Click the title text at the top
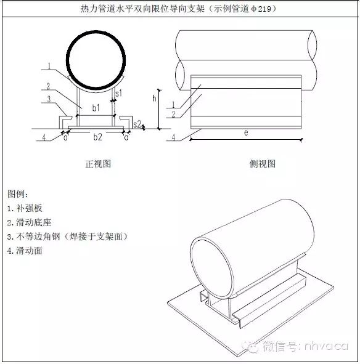(x=180, y=9)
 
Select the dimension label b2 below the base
(x=97, y=137)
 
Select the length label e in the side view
(x=245, y=133)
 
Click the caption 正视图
(x=97, y=164)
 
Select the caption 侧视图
(x=262, y=164)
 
